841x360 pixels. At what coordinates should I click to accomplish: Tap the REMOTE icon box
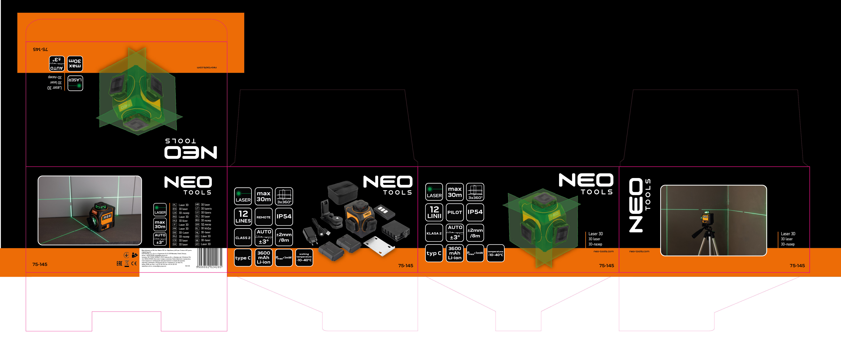point(263,217)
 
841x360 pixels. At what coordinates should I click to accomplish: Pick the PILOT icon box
point(454,212)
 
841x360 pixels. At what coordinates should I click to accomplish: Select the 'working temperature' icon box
point(304,257)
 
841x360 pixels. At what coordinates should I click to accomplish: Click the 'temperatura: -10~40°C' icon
point(495,253)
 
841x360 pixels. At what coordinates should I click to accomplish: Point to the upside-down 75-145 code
point(41,49)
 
